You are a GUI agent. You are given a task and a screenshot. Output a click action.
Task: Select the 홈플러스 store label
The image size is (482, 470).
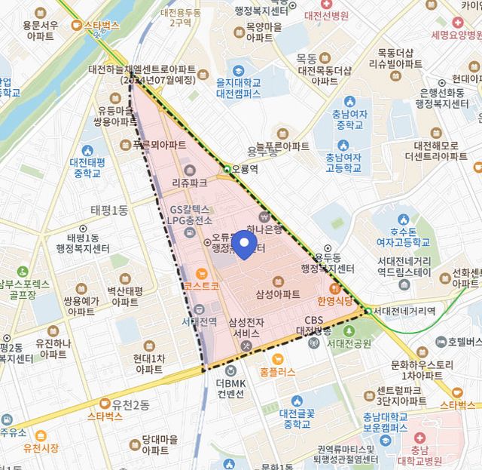point(278,371)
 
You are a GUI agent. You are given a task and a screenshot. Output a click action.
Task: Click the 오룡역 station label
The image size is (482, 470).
point(245,170)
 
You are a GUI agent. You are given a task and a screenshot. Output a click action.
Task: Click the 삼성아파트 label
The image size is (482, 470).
point(278,293)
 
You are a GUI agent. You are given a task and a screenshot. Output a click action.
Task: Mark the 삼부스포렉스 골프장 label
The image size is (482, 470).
point(25,290)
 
